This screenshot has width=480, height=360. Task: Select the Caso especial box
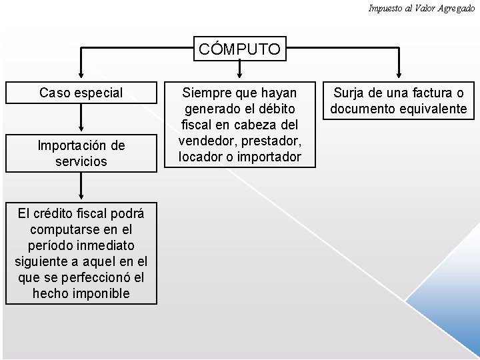pos(81,93)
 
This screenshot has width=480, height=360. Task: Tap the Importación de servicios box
pos(81,153)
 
